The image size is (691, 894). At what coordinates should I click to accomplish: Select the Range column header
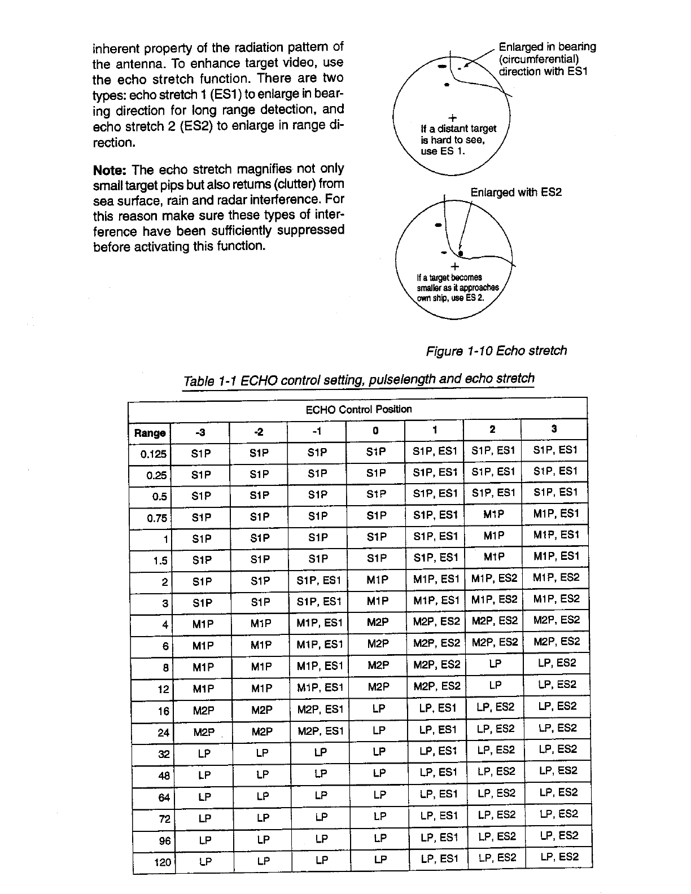[150, 433]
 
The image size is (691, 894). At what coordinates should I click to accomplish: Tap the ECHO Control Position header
[358, 409]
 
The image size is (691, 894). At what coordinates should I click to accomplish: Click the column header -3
[200, 432]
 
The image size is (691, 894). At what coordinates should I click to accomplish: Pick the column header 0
[375, 431]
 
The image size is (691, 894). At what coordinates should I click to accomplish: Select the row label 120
[163, 862]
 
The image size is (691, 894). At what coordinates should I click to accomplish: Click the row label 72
[165, 818]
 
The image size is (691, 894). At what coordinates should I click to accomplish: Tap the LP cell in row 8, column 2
[495, 664]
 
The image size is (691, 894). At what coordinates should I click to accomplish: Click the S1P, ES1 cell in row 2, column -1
[319, 580]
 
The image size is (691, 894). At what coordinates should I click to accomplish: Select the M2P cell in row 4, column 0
[378, 623]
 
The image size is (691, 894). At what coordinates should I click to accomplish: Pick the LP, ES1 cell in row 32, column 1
[438, 751]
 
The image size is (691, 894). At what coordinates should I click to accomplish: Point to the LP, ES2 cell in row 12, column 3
[557, 685]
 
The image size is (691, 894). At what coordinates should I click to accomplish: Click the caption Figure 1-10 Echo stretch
[496, 350]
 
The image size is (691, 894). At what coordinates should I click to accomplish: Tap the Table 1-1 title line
[358, 380]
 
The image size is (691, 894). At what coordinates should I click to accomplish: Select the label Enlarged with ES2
[516, 192]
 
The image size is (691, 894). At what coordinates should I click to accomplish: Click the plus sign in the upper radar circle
[452, 118]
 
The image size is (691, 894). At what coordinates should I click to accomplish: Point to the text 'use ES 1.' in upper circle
[443, 151]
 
